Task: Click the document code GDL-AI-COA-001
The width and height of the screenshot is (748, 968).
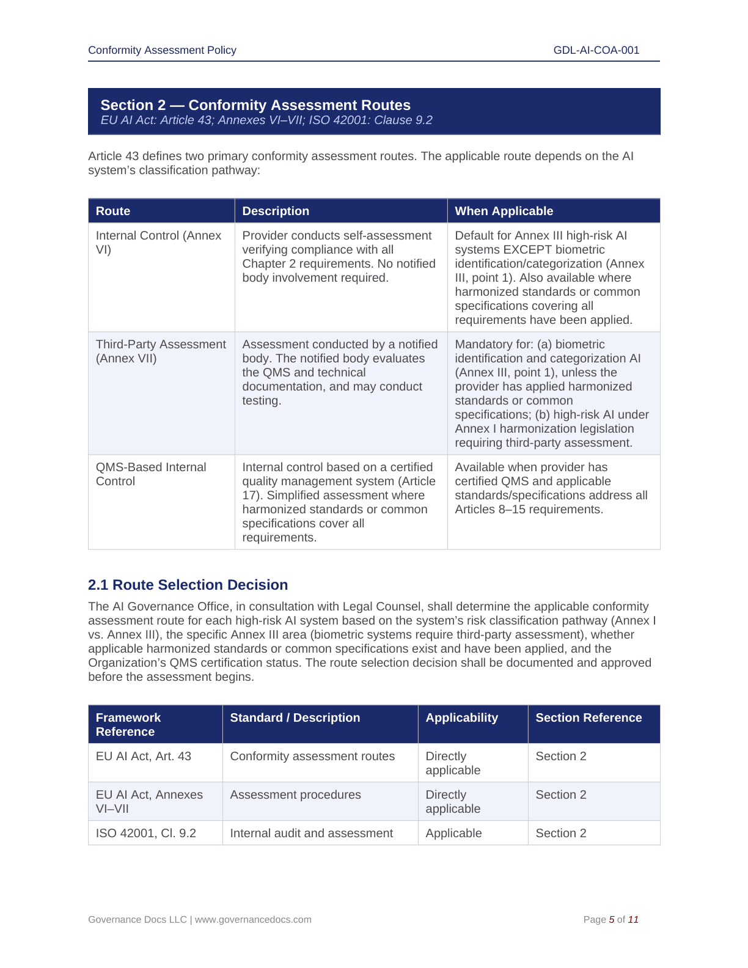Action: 596,50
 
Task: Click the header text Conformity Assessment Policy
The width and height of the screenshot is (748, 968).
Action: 162,50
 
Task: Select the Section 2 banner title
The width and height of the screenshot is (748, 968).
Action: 255,105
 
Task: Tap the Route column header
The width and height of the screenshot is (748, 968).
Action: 113,211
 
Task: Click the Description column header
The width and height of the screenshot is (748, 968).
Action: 276,211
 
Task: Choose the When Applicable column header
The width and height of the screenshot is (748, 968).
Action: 504,211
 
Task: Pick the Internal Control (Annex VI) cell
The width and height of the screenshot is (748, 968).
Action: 158,243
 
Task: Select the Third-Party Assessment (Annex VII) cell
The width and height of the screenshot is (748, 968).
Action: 161,351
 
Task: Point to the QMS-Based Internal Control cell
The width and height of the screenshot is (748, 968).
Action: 151,474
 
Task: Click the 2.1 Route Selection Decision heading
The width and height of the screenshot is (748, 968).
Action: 188,585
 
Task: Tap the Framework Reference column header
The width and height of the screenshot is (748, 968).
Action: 128,724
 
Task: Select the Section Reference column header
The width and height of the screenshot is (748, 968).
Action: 588,717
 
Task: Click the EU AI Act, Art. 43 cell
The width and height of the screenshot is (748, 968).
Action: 144,756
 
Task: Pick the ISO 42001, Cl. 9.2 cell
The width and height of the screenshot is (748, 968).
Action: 146,833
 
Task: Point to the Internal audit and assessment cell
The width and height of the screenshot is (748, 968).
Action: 311,833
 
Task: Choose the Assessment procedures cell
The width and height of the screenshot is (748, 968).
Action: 295,794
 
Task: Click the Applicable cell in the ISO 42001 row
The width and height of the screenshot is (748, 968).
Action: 453,833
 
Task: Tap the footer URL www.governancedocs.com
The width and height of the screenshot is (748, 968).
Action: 253,919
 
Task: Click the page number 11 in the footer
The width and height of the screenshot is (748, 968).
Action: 633,919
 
